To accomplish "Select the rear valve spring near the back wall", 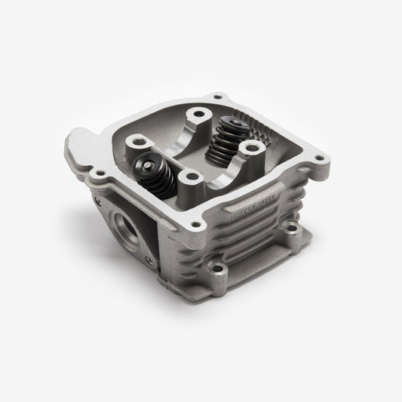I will pyautogui.click(x=226, y=139).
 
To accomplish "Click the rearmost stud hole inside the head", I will pyautogui.click(x=199, y=118).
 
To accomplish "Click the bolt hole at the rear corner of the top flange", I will pyautogui.click(x=219, y=97).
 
